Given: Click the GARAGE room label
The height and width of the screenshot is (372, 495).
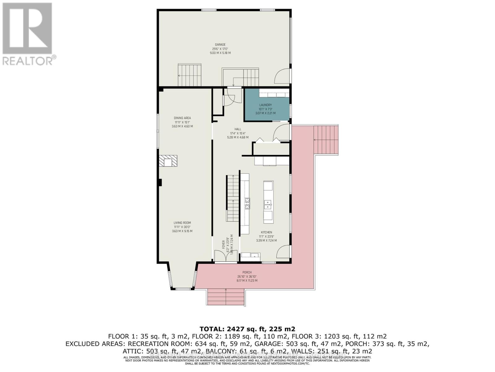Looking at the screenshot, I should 220,44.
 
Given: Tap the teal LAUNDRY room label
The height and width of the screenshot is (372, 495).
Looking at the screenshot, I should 265,105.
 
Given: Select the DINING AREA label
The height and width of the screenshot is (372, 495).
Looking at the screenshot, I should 182,118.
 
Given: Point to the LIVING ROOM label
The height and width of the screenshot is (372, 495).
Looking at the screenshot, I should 182,223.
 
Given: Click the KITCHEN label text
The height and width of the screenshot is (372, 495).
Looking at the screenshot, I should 266,232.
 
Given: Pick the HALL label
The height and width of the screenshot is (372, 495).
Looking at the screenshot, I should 238,129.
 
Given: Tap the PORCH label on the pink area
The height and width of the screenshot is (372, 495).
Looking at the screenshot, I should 247,272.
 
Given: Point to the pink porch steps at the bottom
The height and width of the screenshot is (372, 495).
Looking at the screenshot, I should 226,297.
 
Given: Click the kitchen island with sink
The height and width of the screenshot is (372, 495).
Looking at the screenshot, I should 268,202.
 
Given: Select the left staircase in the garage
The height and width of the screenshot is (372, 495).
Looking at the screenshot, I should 189,75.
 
